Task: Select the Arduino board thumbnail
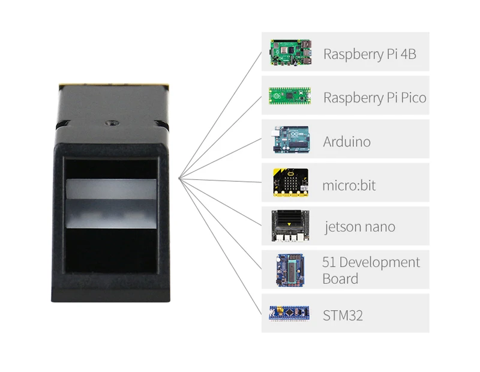(290, 140)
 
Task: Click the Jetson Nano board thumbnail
(291, 226)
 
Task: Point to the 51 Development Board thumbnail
(290, 271)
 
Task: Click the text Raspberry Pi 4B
(370, 54)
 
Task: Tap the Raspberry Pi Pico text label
(374, 98)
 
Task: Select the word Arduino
(347, 142)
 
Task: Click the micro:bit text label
(349, 185)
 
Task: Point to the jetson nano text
(360, 227)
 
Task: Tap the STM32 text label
(343, 315)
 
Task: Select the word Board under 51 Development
(340, 279)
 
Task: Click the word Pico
(413, 98)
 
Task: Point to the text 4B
(408, 54)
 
